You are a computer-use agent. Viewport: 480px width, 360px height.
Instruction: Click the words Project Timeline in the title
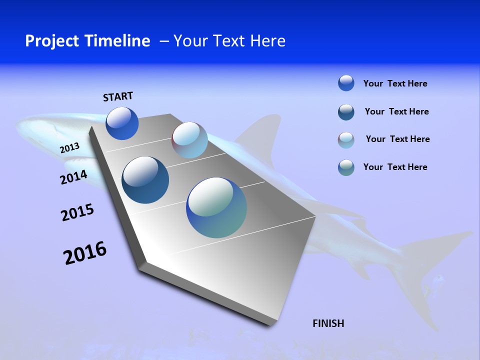coord(87,41)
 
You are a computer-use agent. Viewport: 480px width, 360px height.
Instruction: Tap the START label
coord(118,96)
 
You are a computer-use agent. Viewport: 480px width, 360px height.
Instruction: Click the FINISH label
coord(328,323)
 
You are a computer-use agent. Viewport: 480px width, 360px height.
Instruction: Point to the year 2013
coord(69,148)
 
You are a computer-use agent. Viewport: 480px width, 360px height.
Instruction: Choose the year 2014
coord(73,177)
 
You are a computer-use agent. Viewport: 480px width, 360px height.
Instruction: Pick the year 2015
coord(77,212)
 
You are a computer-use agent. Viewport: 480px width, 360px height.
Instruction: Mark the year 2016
coord(85,253)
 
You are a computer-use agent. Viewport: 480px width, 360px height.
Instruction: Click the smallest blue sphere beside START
coord(122,123)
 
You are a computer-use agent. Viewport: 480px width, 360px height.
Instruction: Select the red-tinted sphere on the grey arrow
coord(189,140)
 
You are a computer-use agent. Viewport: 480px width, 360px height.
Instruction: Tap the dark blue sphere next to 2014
coord(145,180)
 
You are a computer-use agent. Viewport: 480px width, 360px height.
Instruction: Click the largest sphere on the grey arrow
coord(216,207)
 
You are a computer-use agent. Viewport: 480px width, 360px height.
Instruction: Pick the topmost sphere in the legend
coord(346,83)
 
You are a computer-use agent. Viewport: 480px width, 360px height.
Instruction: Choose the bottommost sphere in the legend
coord(346,167)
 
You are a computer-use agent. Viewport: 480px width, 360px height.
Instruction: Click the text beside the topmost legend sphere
coord(395,83)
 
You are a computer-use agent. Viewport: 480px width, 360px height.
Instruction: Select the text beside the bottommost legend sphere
coord(395,167)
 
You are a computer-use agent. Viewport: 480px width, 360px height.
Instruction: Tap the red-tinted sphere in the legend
coord(346,140)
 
